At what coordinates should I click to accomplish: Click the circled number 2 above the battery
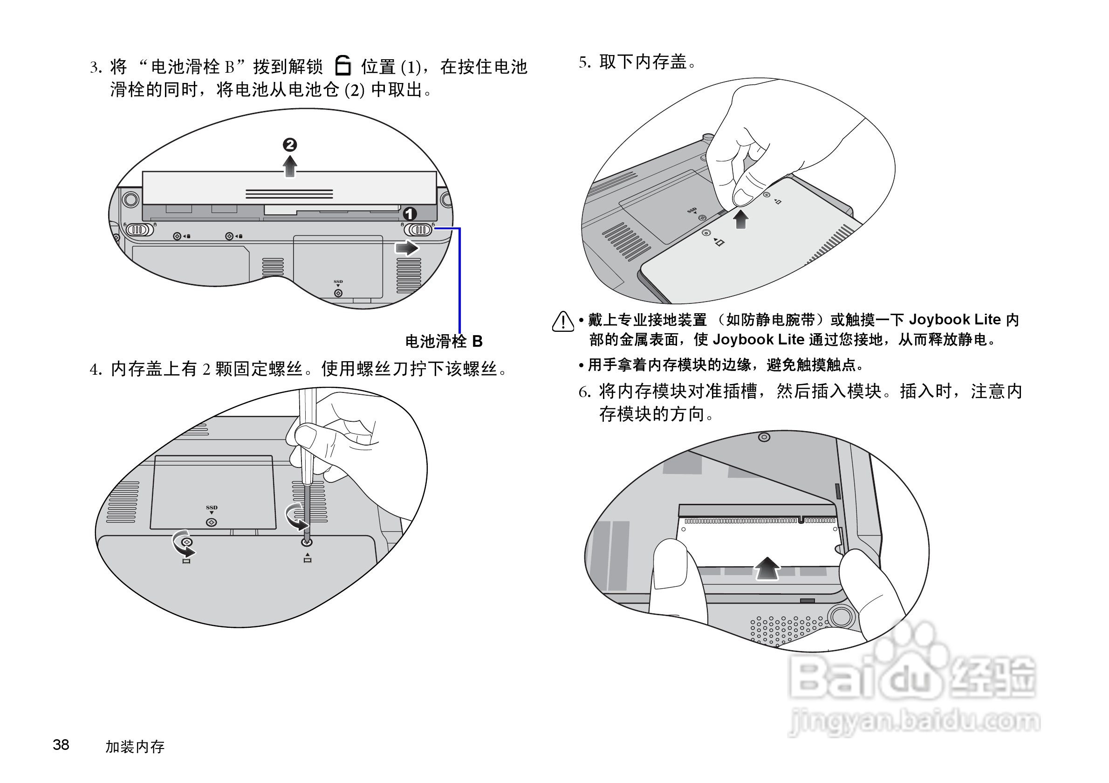coord(289,144)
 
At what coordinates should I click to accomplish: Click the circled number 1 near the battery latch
coord(410,213)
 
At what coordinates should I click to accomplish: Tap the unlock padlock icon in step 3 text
coord(342,66)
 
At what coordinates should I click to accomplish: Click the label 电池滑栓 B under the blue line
coord(444,342)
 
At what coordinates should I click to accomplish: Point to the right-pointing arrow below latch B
coord(406,248)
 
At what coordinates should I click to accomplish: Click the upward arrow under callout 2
coord(289,167)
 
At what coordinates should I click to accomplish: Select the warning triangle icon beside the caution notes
coord(563,322)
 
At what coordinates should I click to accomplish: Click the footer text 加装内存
coord(135,747)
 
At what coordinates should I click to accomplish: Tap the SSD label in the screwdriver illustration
coord(212,508)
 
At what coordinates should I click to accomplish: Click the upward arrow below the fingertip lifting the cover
coord(740,220)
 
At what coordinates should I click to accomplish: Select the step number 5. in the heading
coord(584,62)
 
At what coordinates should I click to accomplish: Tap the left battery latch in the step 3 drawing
coord(139,229)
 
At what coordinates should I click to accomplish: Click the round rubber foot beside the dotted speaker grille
coord(841,617)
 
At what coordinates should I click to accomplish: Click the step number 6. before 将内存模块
coord(584,392)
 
